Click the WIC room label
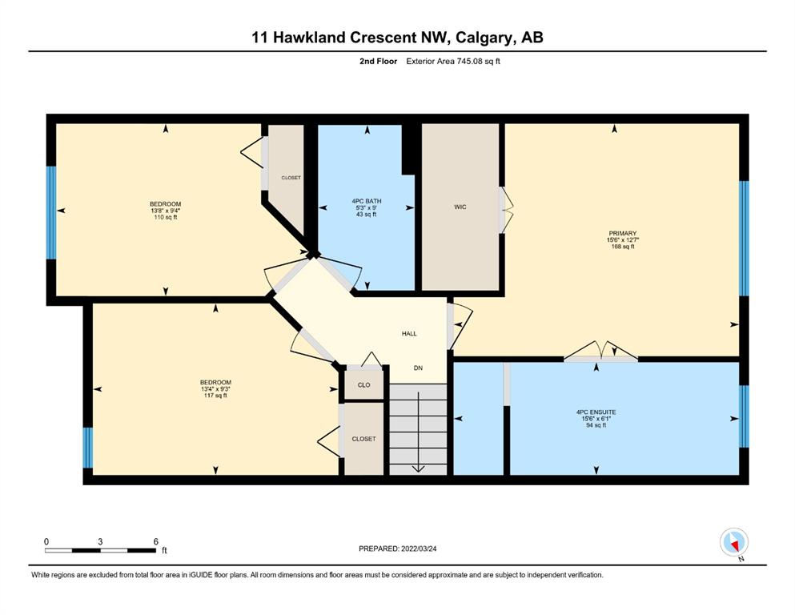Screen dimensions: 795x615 pyautogui.click(x=460, y=207)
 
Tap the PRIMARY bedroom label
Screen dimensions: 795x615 pyautogui.click(x=622, y=233)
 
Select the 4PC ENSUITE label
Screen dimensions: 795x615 pyautogui.click(x=596, y=412)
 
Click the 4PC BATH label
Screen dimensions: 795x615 pyautogui.click(x=367, y=201)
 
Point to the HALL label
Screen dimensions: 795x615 pyautogui.click(x=409, y=334)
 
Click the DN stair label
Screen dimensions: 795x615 pyautogui.click(x=418, y=368)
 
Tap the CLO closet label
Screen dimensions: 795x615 pyautogui.click(x=364, y=385)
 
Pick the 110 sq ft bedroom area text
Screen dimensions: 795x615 pyautogui.click(x=165, y=217)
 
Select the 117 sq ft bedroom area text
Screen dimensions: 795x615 pyautogui.click(x=215, y=396)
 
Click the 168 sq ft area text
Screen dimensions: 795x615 pyautogui.click(x=623, y=247)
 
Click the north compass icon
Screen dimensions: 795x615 pyautogui.click(x=733, y=542)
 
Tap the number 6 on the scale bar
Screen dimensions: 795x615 pyautogui.click(x=155, y=541)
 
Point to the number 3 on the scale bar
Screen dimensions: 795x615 pyautogui.click(x=100, y=541)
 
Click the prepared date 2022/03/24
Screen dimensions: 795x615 pyautogui.click(x=419, y=549)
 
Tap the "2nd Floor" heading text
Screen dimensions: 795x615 pyautogui.click(x=378, y=62)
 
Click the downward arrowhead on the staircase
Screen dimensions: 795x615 pyautogui.click(x=418, y=468)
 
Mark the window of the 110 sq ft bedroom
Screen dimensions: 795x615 pyautogui.click(x=51, y=213)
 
